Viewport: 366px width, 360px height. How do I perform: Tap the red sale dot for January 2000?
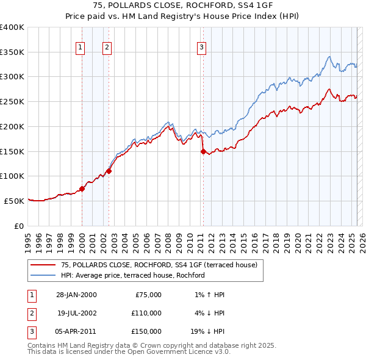pyautogui.click(x=82, y=189)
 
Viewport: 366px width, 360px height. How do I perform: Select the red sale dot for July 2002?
pyautogui.click(x=109, y=171)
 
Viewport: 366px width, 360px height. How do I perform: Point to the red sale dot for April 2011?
pyautogui.click(x=203, y=151)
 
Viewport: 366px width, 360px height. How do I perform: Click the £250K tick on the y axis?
pyautogui.click(x=12, y=102)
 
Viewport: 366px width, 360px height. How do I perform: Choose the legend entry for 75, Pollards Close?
pyautogui.click(x=159, y=265)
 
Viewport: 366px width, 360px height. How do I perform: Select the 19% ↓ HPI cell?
pyautogui.click(x=206, y=331)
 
